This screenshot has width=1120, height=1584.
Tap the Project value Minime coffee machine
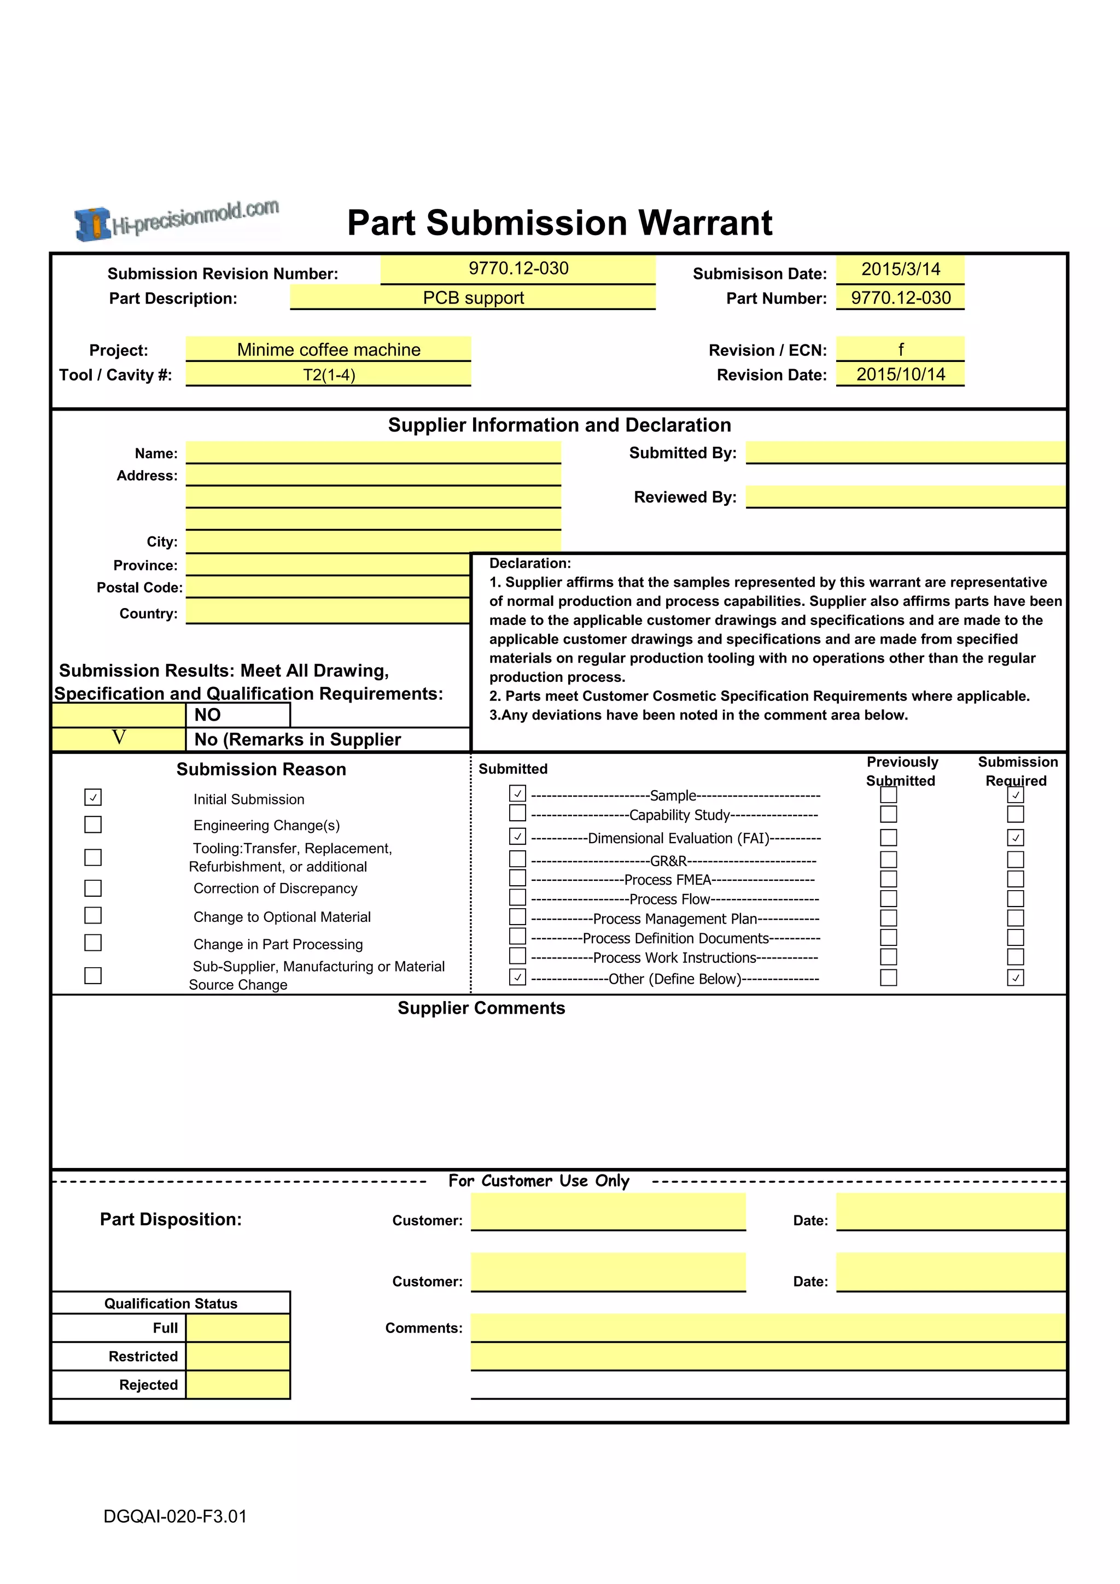click(329, 350)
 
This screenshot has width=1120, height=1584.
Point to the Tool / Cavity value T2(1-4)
click(329, 375)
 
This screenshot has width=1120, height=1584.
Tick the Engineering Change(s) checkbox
click(93, 825)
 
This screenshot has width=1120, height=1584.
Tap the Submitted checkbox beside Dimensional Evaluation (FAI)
click(517, 836)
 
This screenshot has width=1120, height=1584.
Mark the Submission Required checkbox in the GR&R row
click(1015, 859)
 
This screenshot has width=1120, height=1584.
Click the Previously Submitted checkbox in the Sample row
click(889, 795)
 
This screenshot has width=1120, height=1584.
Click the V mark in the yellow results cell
click(119, 738)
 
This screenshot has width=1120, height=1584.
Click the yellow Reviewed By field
click(906, 496)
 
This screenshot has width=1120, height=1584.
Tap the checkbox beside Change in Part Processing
click(93, 943)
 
